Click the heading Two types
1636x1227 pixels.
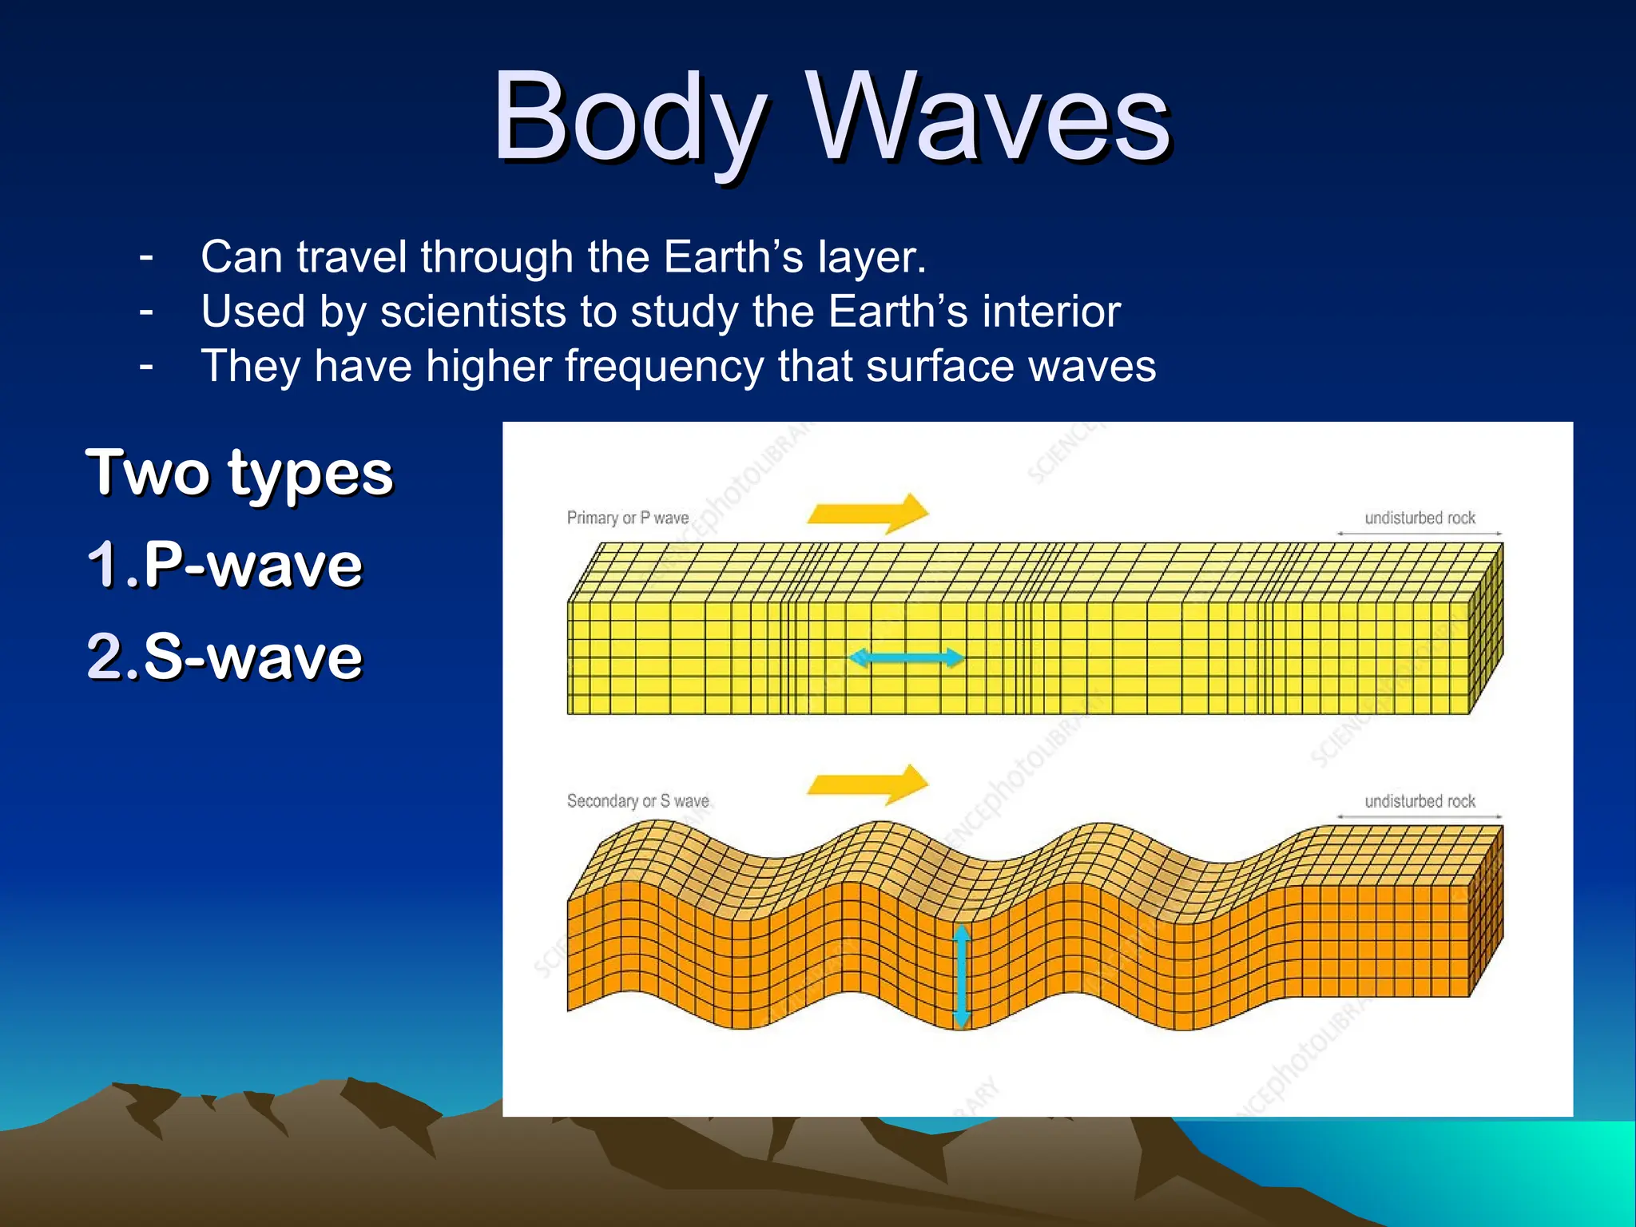[x=240, y=473]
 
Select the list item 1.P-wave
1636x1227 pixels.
[x=224, y=565]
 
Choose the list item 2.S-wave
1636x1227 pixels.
[x=224, y=657]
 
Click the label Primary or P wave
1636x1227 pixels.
[x=628, y=518]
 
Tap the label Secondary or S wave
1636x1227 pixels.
[x=637, y=800]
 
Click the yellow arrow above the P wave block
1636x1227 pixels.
[x=869, y=513]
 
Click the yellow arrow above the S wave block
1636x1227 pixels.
[x=869, y=784]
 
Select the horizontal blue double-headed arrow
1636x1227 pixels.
[x=906, y=658]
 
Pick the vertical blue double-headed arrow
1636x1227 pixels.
[x=962, y=976]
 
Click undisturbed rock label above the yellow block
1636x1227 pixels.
[x=1420, y=518]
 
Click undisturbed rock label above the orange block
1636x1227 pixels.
[x=1420, y=800]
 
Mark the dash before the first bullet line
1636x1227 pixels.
[x=145, y=257]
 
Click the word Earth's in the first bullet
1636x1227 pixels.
[x=733, y=257]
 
